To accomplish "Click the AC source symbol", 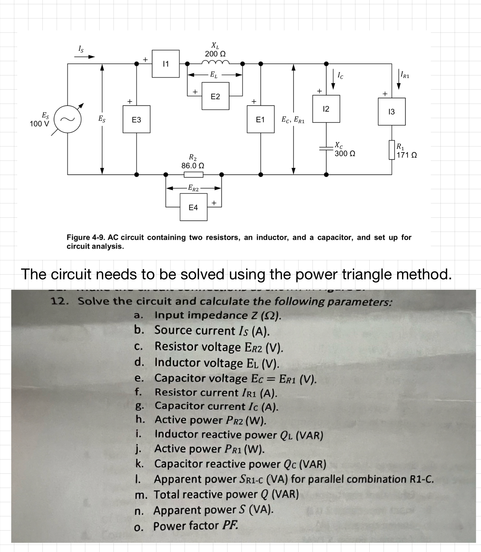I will click(67, 119).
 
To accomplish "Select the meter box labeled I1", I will click(166, 64).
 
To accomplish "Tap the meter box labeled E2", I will click(215, 96).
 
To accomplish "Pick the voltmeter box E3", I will click(136, 119).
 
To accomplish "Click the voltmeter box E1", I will click(260, 119).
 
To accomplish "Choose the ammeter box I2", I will click(326, 109).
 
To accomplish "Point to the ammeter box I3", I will click(392, 112).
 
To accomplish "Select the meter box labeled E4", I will click(193, 207).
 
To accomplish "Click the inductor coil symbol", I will click(215, 62).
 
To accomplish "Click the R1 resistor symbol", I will click(392, 150).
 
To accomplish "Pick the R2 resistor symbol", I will click(193, 175).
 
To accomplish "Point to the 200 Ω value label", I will click(215, 54).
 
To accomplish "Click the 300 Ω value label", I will click(345, 154).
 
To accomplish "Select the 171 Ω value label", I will click(407, 155).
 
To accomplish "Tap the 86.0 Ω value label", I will click(193, 166).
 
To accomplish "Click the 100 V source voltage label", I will click(40, 124).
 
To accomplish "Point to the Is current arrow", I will click(84, 57).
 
